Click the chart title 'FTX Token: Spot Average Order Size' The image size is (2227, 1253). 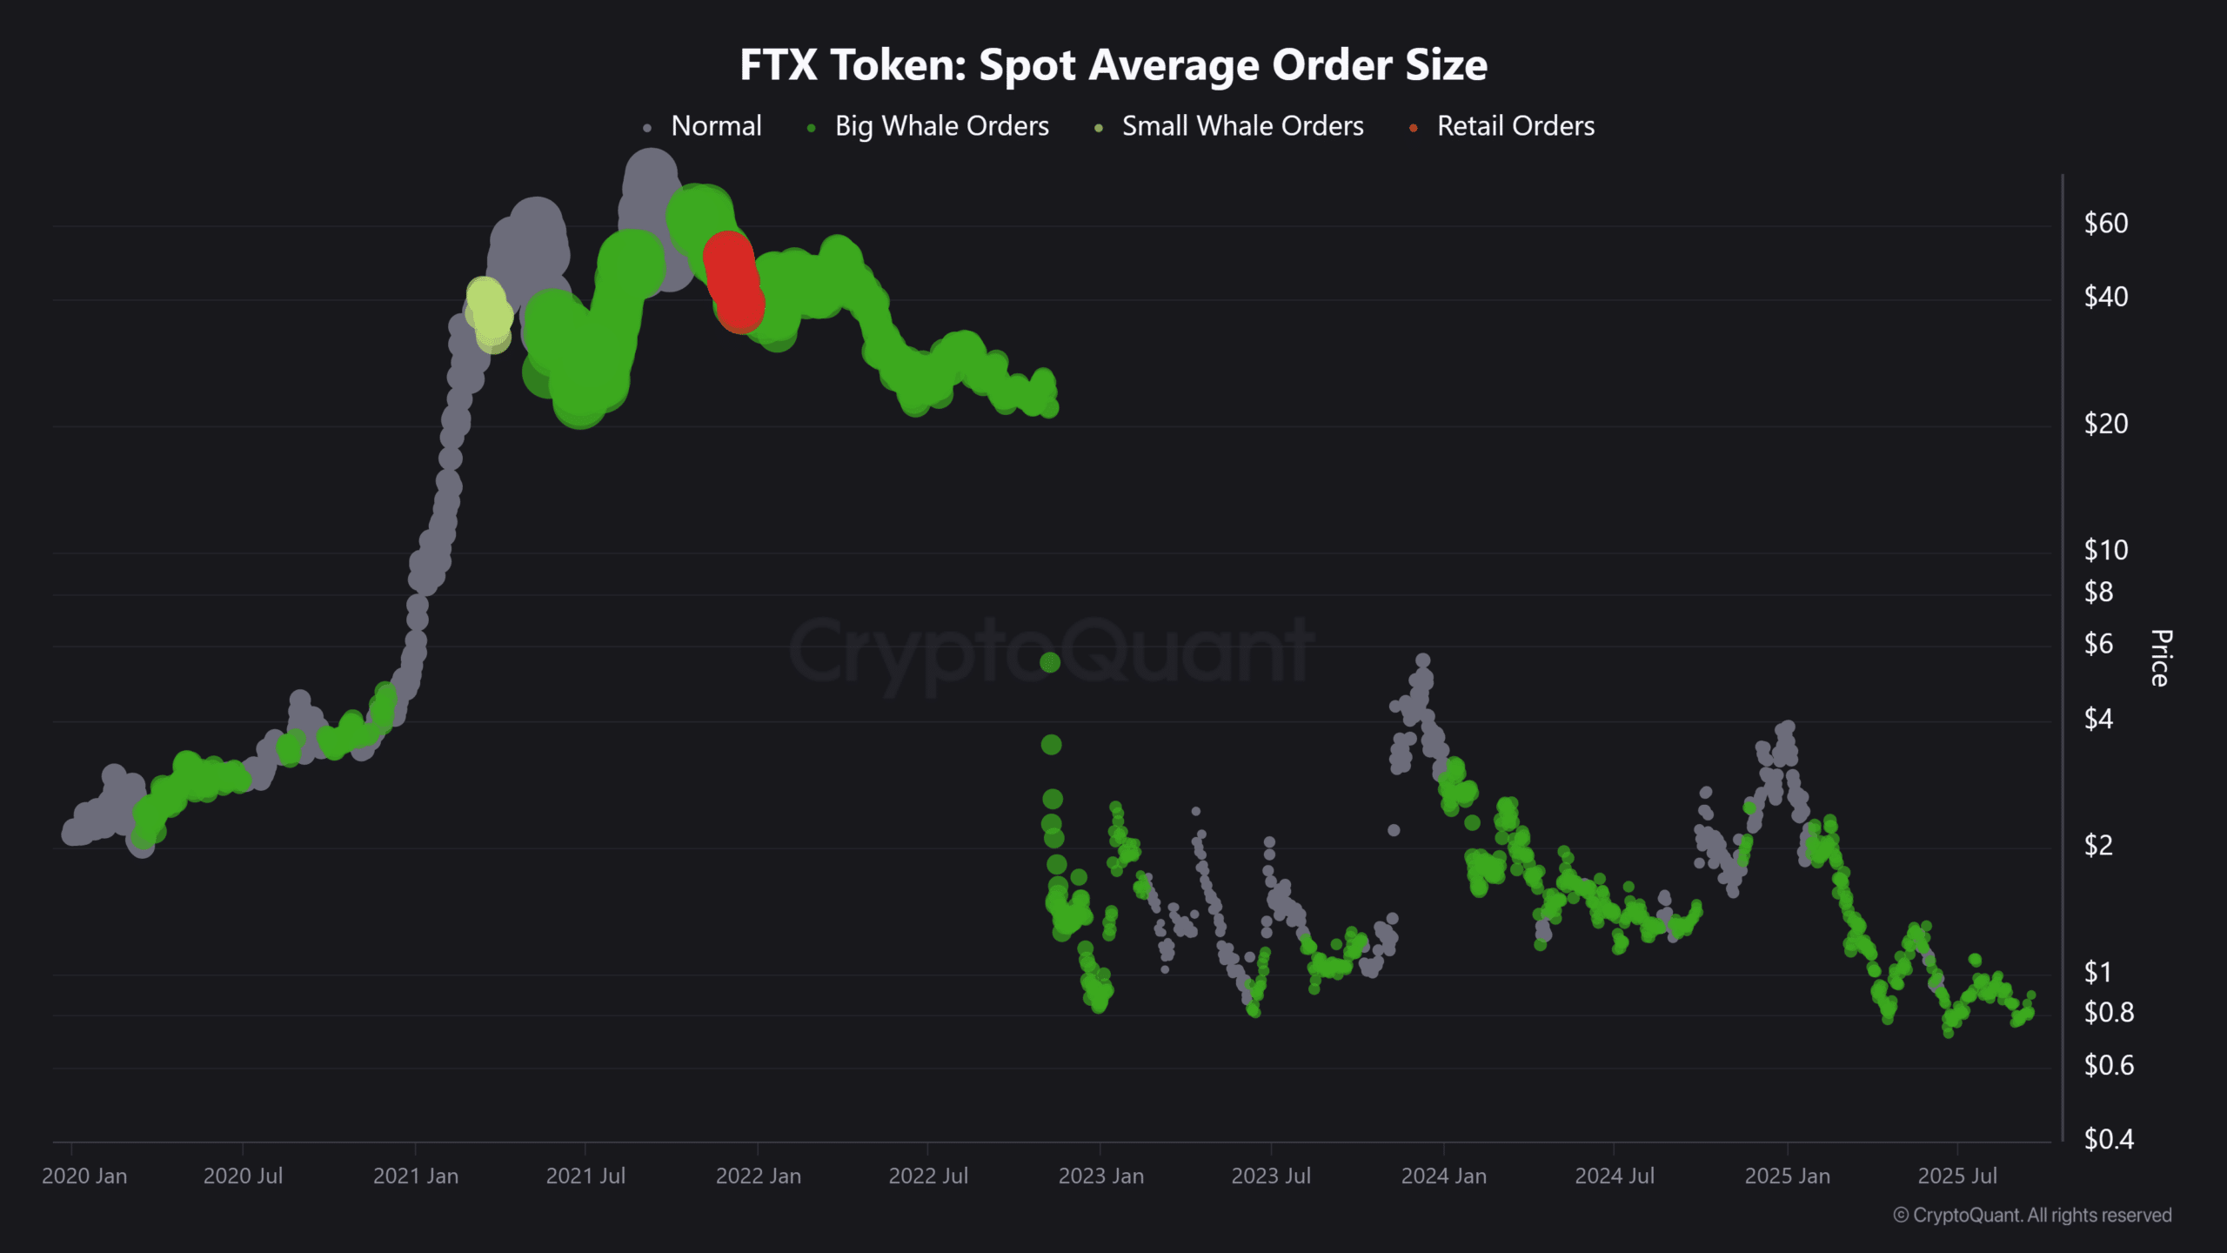[1113, 65]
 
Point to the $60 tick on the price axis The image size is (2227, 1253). [2105, 224]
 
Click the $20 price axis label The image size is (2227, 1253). [2105, 424]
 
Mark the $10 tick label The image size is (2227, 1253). [2105, 550]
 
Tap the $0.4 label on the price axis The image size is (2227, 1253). [2108, 1139]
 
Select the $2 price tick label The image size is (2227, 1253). [2098, 845]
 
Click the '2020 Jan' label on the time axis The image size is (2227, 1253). [84, 1176]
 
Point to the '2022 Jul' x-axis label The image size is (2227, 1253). [928, 1176]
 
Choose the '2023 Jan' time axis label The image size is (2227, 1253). [1100, 1176]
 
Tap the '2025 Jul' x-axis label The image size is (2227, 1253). [1957, 1176]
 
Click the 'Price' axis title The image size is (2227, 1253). [2161, 658]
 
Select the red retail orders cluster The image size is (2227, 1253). [732, 281]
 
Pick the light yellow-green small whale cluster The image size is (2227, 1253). [489, 312]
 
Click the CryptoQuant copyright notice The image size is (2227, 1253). [2032, 1216]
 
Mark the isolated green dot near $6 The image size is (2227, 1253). [1050, 663]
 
